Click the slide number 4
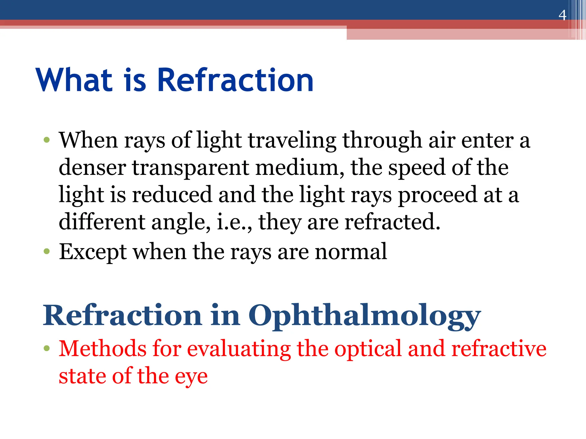coord(562,15)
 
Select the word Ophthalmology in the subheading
coord(365,316)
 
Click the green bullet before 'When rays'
coord(47,140)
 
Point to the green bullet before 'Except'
coord(47,252)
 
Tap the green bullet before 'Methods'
coord(47,348)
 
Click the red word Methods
coord(103,349)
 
